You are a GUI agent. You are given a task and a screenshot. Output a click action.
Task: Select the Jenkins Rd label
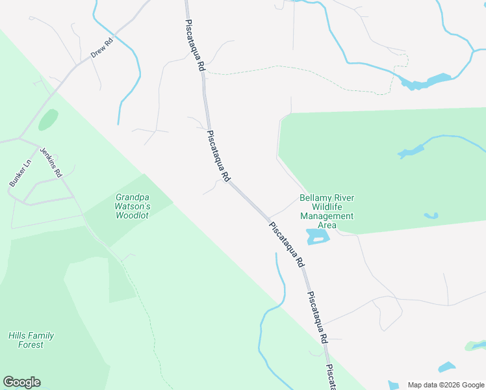pos(51,162)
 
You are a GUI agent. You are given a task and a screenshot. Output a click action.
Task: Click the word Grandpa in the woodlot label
pos(133,197)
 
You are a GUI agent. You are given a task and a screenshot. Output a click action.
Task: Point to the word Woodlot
pos(133,215)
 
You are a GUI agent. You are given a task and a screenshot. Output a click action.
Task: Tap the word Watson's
pos(133,206)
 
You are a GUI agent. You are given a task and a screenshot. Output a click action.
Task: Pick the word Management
pos(326,216)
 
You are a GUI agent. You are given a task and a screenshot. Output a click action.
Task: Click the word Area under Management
pos(326,225)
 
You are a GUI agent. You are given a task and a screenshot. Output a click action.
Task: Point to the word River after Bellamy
pos(344,198)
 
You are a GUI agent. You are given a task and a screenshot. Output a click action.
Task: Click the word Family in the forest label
pos(42,335)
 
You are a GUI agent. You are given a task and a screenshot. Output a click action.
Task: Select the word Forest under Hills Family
pos(31,344)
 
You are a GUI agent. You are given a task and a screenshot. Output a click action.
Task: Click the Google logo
pos(21,382)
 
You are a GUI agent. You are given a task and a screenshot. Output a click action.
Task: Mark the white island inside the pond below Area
pos(317,239)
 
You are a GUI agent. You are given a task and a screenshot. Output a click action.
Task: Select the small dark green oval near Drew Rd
pos(47,120)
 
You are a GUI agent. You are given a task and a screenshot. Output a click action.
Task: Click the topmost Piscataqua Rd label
pos(195,44)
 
